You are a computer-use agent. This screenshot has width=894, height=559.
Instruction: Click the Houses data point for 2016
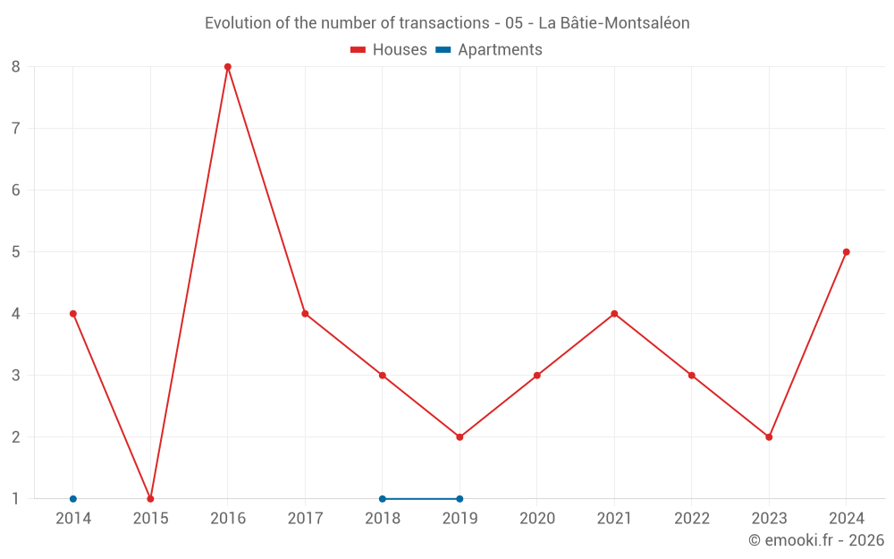(x=228, y=67)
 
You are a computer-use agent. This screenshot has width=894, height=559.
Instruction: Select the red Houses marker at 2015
(x=150, y=498)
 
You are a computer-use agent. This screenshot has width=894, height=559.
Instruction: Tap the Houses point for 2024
(x=846, y=252)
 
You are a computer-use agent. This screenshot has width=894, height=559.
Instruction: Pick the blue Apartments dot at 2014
(x=73, y=498)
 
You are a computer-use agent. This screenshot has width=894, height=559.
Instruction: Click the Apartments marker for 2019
(x=460, y=498)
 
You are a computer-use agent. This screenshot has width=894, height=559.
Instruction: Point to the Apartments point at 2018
(x=383, y=498)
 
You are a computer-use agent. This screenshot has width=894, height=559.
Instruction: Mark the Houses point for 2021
(x=614, y=314)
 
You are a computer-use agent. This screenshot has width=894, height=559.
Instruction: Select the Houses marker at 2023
(x=769, y=437)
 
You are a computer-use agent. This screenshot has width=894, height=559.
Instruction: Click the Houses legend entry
(x=389, y=50)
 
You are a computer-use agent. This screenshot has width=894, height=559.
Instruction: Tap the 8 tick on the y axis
(x=16, y=67)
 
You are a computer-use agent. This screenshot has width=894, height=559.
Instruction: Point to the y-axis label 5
(x=16, y=252)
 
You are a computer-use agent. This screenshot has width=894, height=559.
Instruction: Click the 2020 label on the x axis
(x=537, y=519)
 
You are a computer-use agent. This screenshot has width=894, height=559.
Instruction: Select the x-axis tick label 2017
(x=305, y=519)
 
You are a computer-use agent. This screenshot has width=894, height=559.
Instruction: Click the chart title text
(x=447, y=23)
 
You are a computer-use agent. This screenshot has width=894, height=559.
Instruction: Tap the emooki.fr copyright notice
(x=816, y=540)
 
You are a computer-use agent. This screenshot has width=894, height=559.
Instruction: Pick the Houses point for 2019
(x=460, y=437)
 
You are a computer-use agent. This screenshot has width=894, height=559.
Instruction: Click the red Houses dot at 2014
(x=73, y=314)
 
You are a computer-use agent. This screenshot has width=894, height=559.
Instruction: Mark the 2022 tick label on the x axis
(x=692, y=519)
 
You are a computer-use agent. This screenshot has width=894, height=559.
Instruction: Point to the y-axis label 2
(x=16, y=437)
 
